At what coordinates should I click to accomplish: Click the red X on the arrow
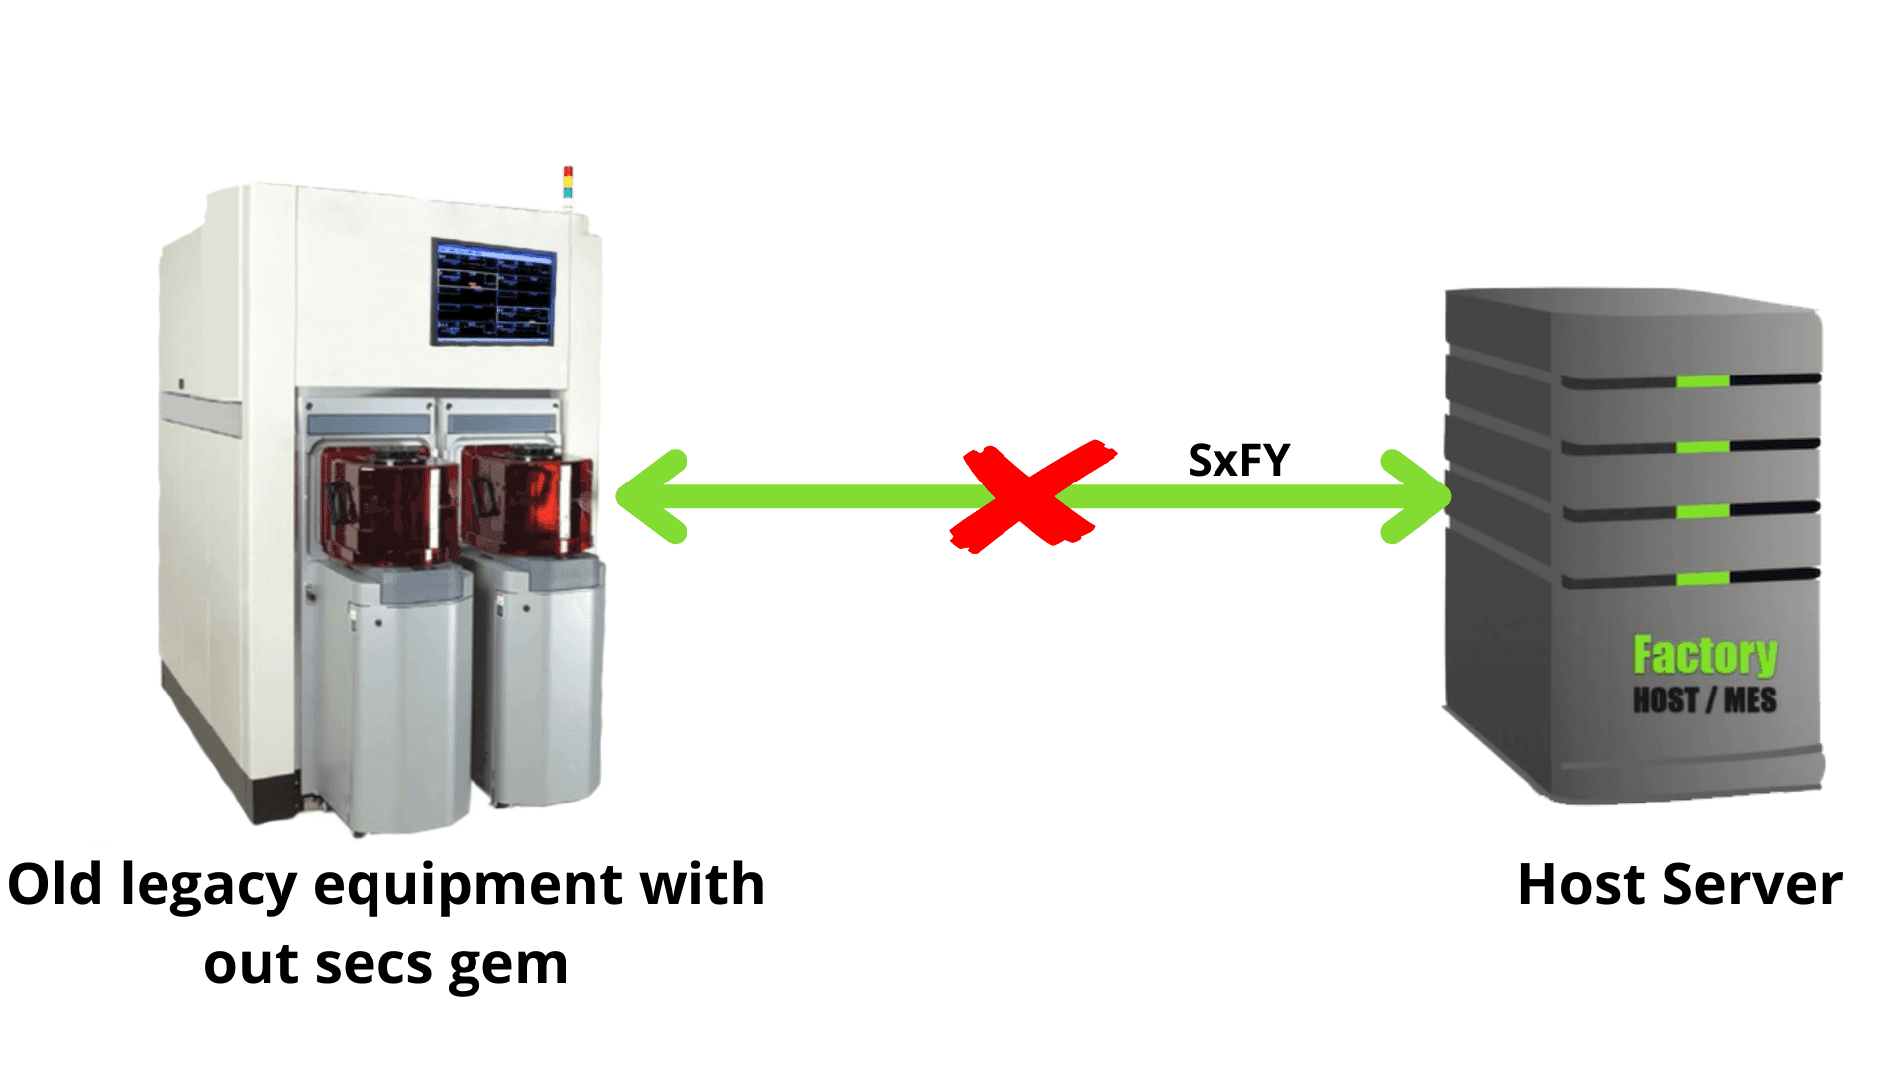pos(1030,496)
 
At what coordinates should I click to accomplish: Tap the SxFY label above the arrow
pos(1238,460)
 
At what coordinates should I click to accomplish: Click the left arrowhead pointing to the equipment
pos(654,496)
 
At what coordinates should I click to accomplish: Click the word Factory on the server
pos(1705,655)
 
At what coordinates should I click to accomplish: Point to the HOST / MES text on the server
pos(1704,700)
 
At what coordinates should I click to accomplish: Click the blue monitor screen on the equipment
pos(493,293)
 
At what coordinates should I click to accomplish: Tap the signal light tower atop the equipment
pos(568,183)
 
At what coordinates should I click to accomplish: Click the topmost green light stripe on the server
pos(1702,381)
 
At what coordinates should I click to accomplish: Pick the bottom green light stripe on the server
pos(1702,578)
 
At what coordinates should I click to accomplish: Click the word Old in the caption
pos(54,885)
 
